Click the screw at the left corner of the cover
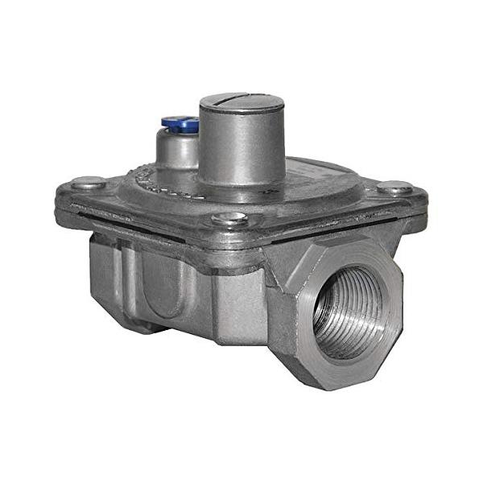(x=88, y=183)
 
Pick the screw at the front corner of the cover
(x=229, y=219)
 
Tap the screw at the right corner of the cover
(x=394, y=188)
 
